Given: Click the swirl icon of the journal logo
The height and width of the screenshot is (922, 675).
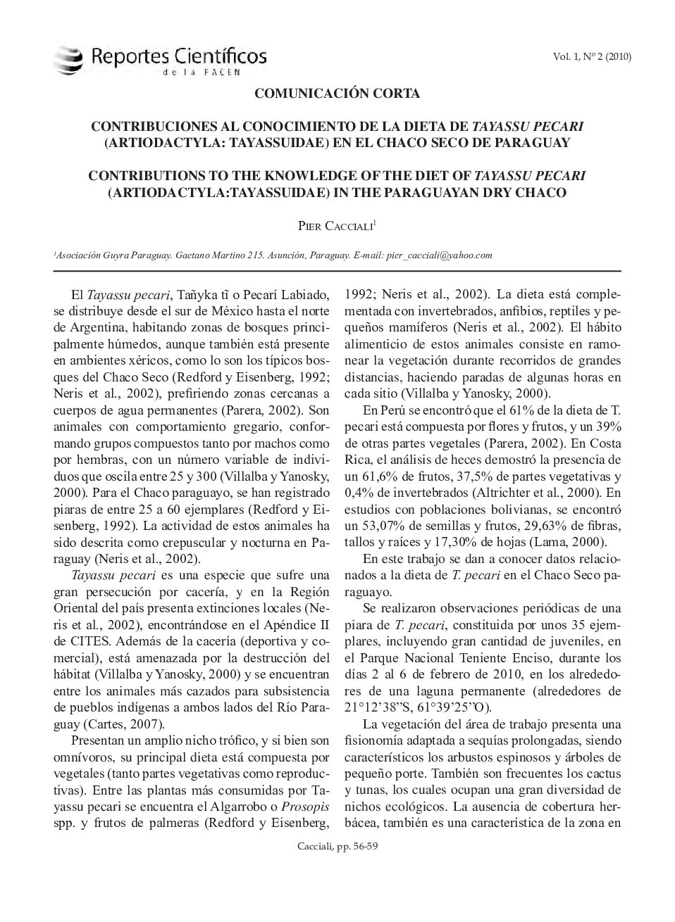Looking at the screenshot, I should click(68, 60).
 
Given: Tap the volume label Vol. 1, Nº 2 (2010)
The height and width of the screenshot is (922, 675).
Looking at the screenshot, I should click(592, 57).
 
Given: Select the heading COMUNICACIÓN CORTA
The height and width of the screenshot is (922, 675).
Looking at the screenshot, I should click(337, 93).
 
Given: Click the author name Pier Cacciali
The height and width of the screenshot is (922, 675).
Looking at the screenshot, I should click(336, 225).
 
